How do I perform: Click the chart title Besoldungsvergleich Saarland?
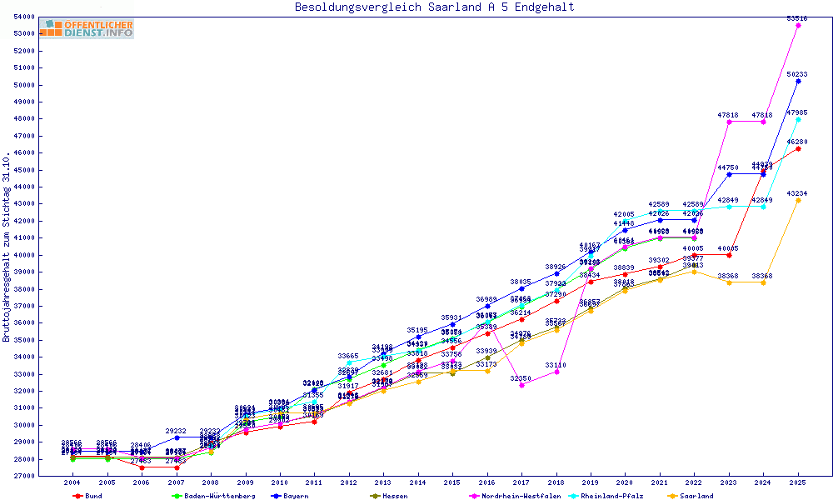pyautogui.click(x=434, y=7)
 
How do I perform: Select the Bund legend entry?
pyautogui.click(x=87, y=496)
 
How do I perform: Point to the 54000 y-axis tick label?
pyautogui.click(x=22, y=17)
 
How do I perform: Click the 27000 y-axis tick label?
pyautogui.click(x=22, y=476)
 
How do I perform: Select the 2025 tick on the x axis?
pyautogui.click(x=798, y=482)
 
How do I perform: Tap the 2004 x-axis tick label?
pyautogui.click(x=73, y=482)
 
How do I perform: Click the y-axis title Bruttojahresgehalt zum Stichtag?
pyautogui.click(x=7, y=247)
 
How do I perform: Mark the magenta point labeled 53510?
pyautogui.click(x=798, y=25)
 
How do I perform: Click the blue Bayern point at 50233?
pyautogui.click(x=798, y=81)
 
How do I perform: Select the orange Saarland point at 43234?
pyautogui.click(x=798, y=200)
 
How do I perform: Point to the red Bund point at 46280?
pyautogui.click(x=798, y=148)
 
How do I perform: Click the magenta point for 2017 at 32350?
pyautogui.click(x=522, y=385)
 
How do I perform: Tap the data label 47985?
pyautogui.click(x=798, y=112)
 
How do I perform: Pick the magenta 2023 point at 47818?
pyautogui.click(x=729, y=122)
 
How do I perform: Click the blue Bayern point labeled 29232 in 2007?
pyautogui.click(x=177, y=437)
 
